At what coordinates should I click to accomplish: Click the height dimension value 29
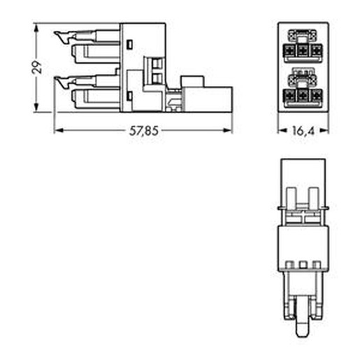point(37,67)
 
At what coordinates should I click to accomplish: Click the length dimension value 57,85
point(144,131)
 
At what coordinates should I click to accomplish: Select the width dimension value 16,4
point(303,131)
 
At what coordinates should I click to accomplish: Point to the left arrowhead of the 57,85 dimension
point(59,131)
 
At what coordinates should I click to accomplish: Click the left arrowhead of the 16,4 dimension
point(282,131)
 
